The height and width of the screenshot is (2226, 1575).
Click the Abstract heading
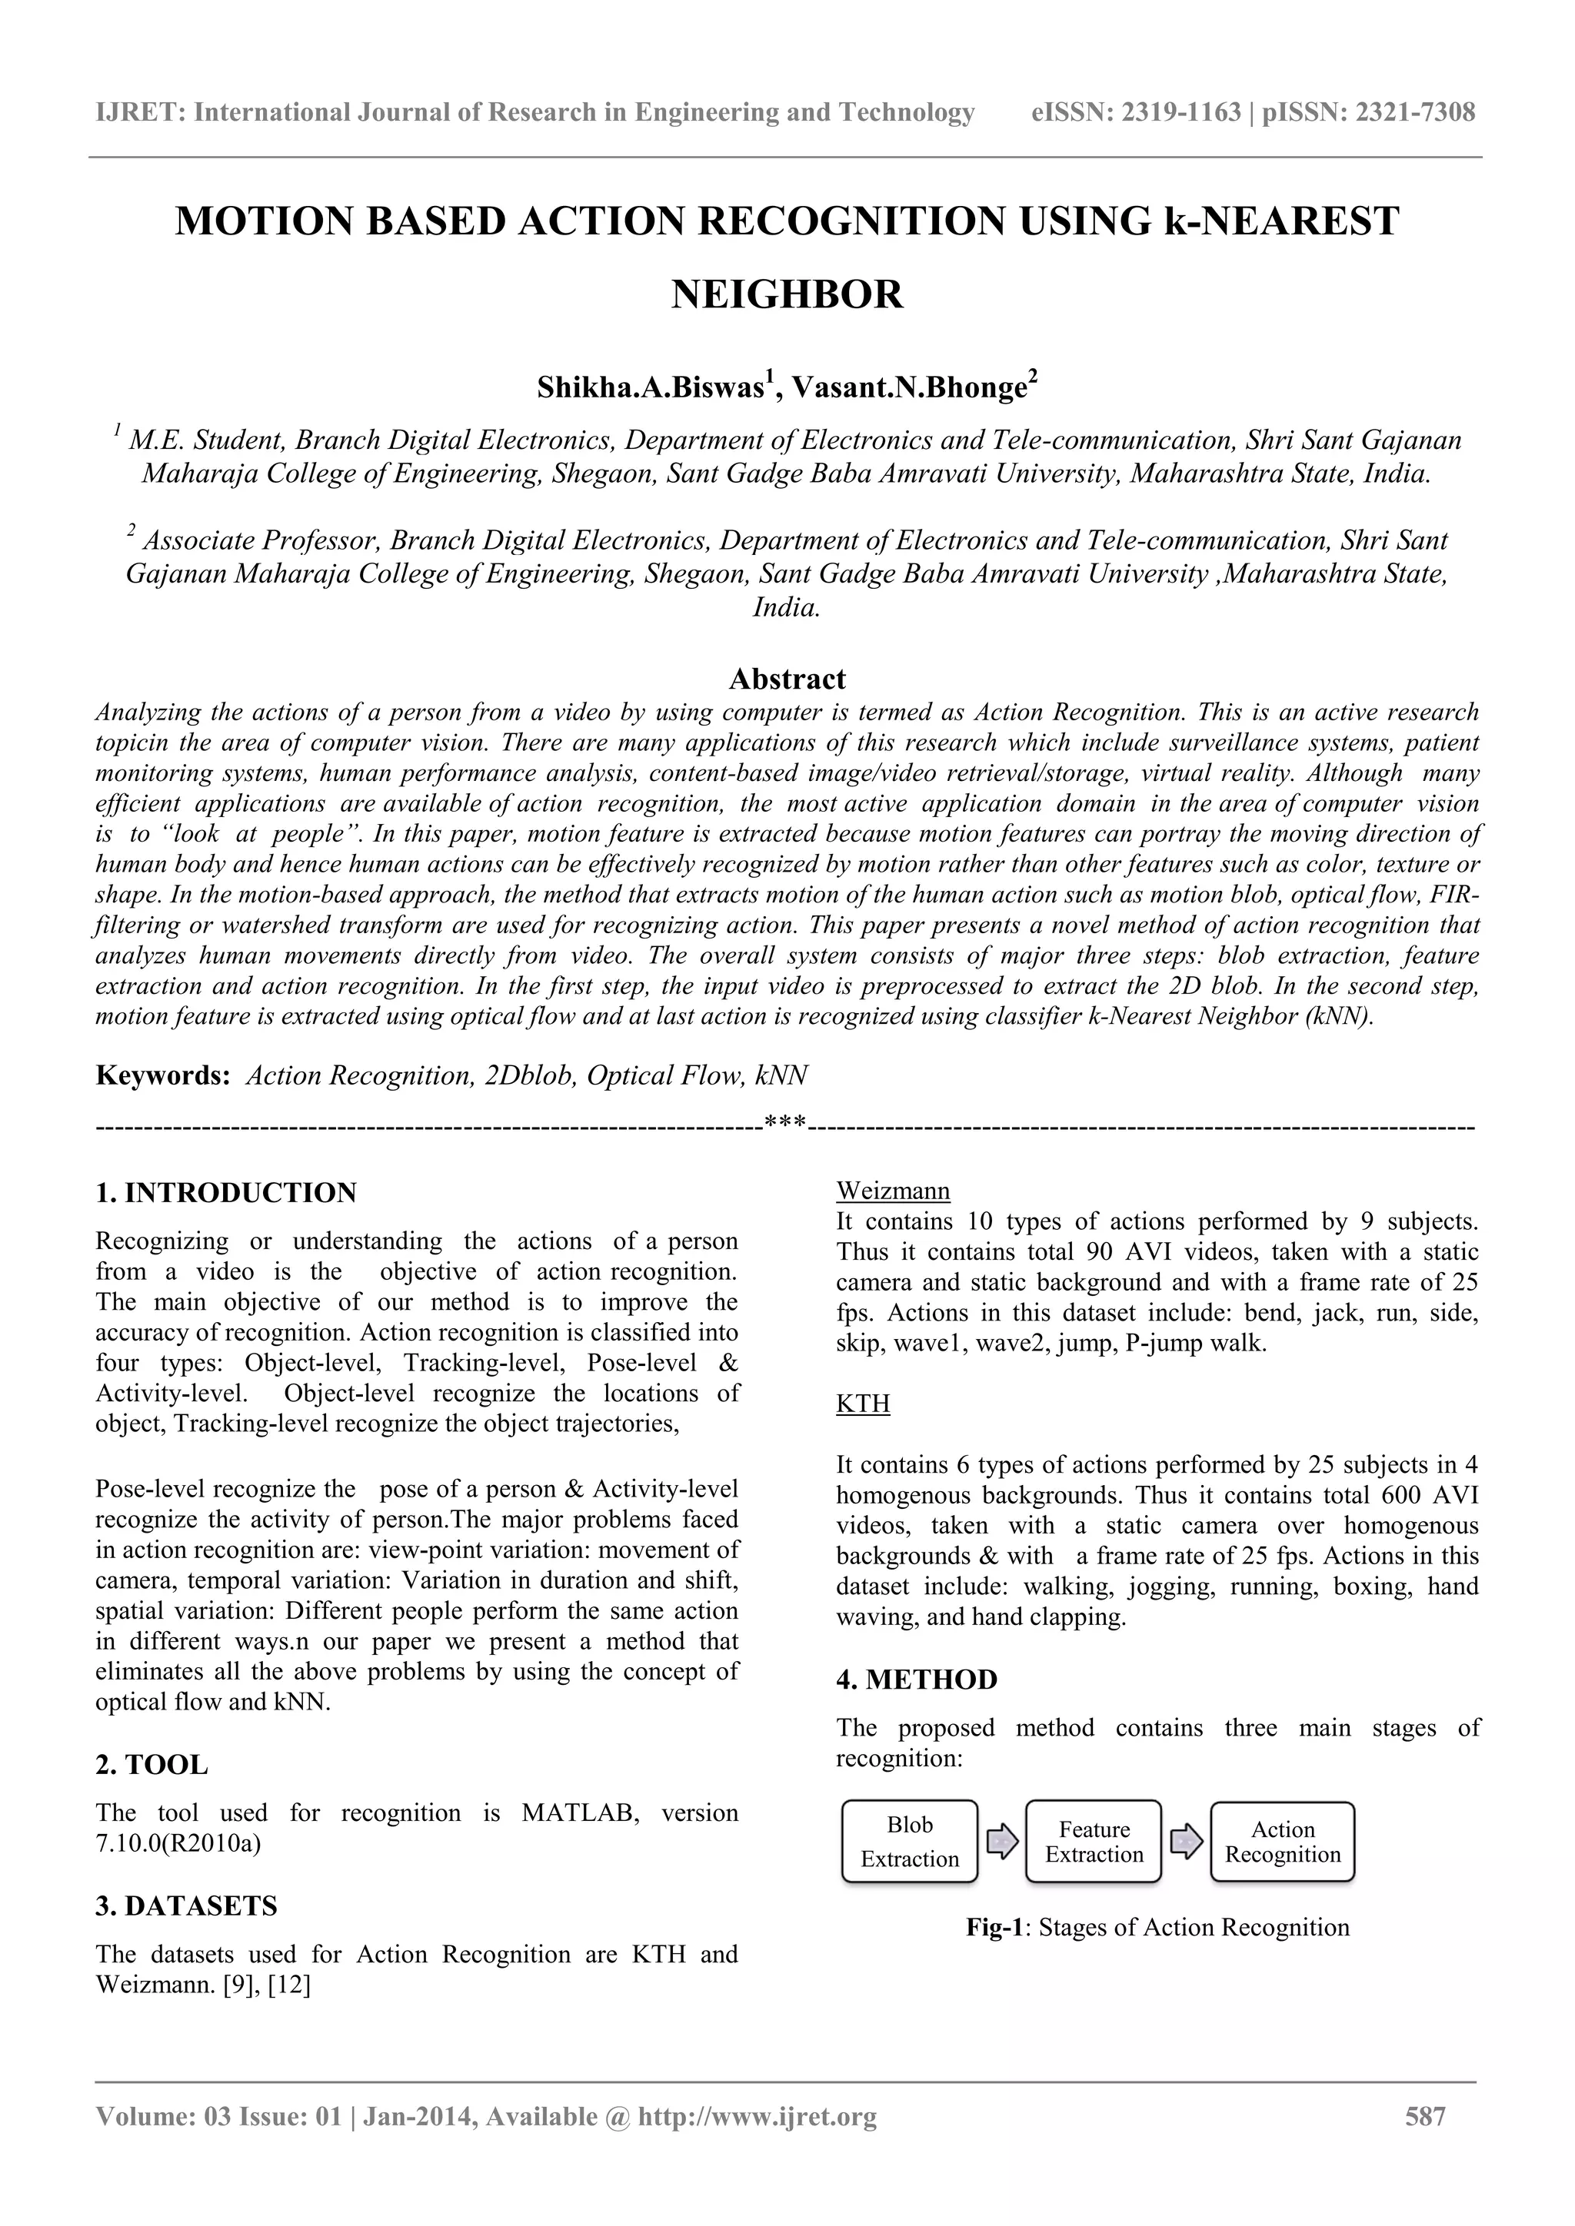point(787,678)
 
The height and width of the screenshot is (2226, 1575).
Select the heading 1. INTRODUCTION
point(226,1192)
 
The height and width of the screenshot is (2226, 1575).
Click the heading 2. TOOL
point(152,1765)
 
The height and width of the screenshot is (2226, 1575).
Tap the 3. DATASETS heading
point(186,1906)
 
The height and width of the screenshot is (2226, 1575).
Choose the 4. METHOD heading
point(917,1680)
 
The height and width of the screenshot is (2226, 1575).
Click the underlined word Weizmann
point(892,1190)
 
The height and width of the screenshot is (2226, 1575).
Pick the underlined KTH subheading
point(862,1404)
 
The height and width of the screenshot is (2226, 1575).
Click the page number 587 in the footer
point(1425,2144)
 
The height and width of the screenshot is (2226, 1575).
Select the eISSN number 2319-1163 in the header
point(1180,112)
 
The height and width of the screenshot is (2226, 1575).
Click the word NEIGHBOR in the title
point(787,294)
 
